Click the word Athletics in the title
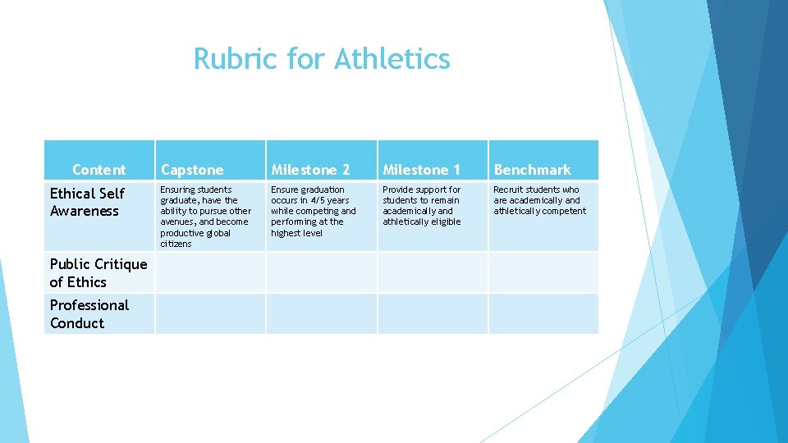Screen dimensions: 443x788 click(x=392, y=59)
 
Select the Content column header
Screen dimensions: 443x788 click(x=98, y=170)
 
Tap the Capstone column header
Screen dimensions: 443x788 click(x=192, y=170)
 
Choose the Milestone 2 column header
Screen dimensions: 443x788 click(x=310, y=170)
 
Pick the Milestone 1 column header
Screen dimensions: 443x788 click(x=421, y=170)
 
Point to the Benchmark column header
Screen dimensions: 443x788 click(x=532, y=170)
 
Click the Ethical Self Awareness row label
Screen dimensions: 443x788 click(x=87, y=202)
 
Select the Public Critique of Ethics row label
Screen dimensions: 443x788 click(x=98, y=272)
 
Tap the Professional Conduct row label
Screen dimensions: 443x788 click(x=89, y=313)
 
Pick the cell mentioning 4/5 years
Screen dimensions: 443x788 click(x=313, y=211)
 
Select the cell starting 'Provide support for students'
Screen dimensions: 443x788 click(x=422, y=205)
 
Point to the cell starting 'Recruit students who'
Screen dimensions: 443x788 click(x=539, y=200)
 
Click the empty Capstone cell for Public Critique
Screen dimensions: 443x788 click(x=210, y=272)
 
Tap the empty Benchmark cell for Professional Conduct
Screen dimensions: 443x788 click(x=543, y=313)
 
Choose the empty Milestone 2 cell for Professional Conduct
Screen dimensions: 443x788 click(x=321, y=313)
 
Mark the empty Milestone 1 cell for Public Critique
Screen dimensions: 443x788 click(x=433, y=272)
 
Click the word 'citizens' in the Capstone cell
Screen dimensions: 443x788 click(x=176, y=244)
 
